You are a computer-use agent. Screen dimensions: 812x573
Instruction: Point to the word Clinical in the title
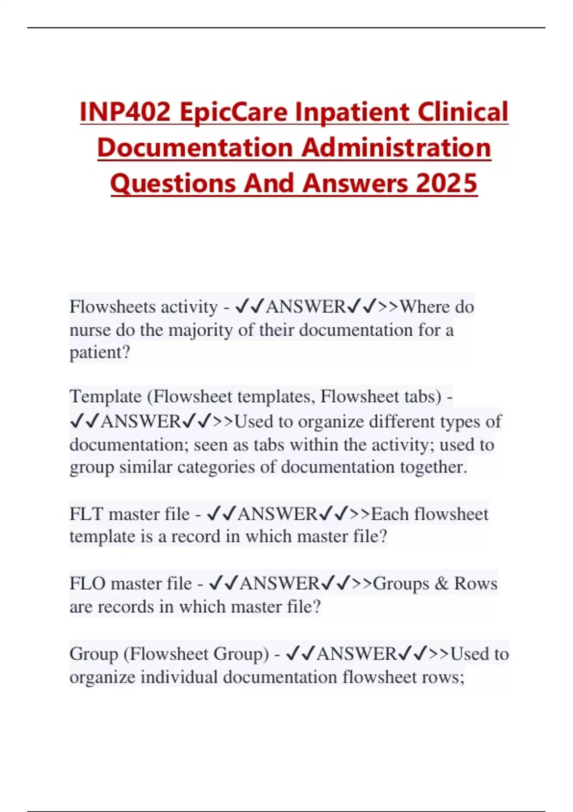point(462,112)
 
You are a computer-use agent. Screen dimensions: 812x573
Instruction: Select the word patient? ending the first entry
point(100,353)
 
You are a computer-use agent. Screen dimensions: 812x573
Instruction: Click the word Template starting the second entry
point(106,396)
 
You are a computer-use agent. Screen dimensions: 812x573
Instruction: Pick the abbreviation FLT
point(86,514)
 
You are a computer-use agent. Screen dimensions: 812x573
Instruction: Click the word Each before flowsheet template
point(390,514)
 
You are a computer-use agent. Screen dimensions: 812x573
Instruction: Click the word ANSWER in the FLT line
point(277,514)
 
